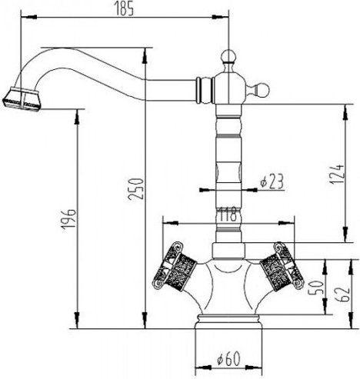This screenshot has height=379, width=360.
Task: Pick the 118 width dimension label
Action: (226, 215)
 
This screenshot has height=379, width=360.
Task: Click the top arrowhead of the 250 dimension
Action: (146, 51)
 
